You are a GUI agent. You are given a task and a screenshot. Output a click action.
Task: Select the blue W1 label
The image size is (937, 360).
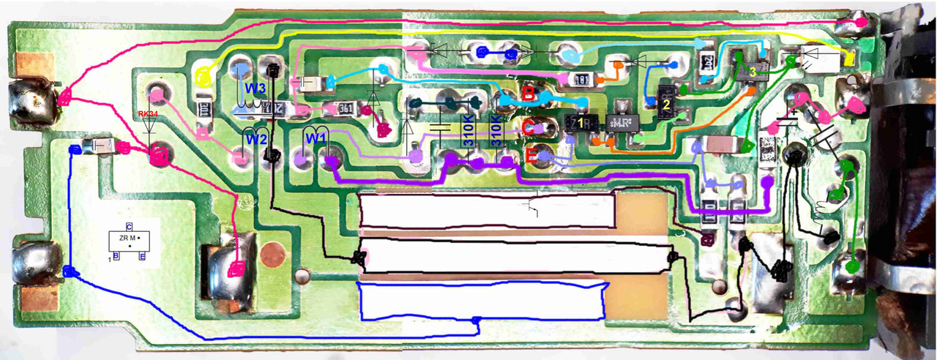click(315, 137)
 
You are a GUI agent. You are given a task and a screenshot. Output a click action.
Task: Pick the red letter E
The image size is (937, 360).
click(531, 154)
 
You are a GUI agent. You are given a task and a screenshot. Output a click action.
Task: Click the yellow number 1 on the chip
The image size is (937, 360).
click(580, 122)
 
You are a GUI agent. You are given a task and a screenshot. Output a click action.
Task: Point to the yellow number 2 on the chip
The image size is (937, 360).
click(665, 105)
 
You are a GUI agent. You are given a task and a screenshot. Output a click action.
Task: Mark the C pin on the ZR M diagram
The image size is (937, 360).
click(129, 226)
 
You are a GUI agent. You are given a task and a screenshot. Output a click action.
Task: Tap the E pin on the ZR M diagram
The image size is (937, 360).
click(142, 258)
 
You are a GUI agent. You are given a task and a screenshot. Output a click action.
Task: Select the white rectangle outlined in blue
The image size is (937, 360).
click(482, 300)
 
